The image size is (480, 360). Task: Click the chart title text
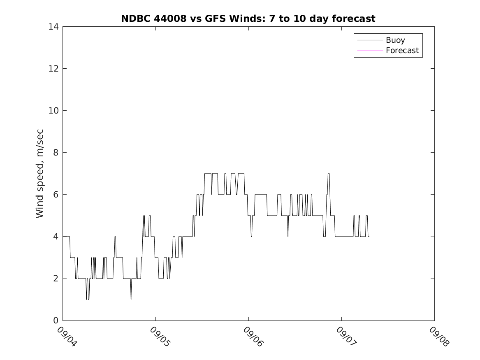point(248,19)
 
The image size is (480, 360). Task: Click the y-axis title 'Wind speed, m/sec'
point(39,173)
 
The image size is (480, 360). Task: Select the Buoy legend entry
point(395,40)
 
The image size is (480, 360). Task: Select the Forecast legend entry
point(402,51)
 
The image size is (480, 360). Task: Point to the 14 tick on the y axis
point(54,27)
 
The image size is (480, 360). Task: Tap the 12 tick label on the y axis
point(54,68)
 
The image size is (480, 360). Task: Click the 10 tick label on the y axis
point(54,111)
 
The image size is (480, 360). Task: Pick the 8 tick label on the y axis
point(56,153)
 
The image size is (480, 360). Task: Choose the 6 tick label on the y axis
point(56,195)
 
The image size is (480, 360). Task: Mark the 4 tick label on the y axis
point(56,237)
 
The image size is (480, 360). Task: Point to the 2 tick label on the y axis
point(56,279)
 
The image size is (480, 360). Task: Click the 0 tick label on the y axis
point(56,321)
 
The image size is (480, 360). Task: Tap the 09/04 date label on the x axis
point(66,337)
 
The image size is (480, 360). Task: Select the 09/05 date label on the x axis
point(159,337)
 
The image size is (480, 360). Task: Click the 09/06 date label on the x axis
point(252,337)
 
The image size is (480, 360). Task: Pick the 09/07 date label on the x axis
point(345,337)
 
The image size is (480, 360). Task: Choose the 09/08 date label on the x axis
point(438,337)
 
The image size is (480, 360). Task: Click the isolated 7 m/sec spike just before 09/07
point(328,174)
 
